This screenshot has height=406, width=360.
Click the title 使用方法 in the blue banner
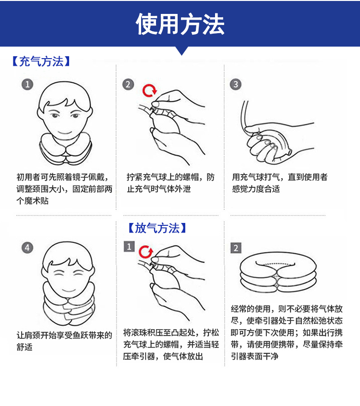[x=180, y=24]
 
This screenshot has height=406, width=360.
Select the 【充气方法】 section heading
[x=41, y=62]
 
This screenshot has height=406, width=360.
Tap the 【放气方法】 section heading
[x=157, y=228]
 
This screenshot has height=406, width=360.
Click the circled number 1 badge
[x=27, y=85]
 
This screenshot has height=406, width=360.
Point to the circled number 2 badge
[x=128, y=85]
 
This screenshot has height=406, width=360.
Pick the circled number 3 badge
[x=236, y=85]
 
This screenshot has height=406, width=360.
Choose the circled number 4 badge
[x=27, y=248]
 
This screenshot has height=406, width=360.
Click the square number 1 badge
[x=129, y=246]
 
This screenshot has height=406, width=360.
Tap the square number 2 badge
[x=236, y=248]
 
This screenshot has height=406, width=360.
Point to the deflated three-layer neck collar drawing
[x=278, y=272]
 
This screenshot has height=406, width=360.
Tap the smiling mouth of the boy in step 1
[x=65, y=133]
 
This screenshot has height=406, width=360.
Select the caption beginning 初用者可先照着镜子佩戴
[x=65, y=189]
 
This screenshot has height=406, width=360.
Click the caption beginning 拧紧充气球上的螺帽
[x=171, y=183]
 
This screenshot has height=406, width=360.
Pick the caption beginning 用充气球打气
[x=280, y=183]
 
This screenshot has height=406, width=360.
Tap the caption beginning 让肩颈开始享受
[x=64, y=341]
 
